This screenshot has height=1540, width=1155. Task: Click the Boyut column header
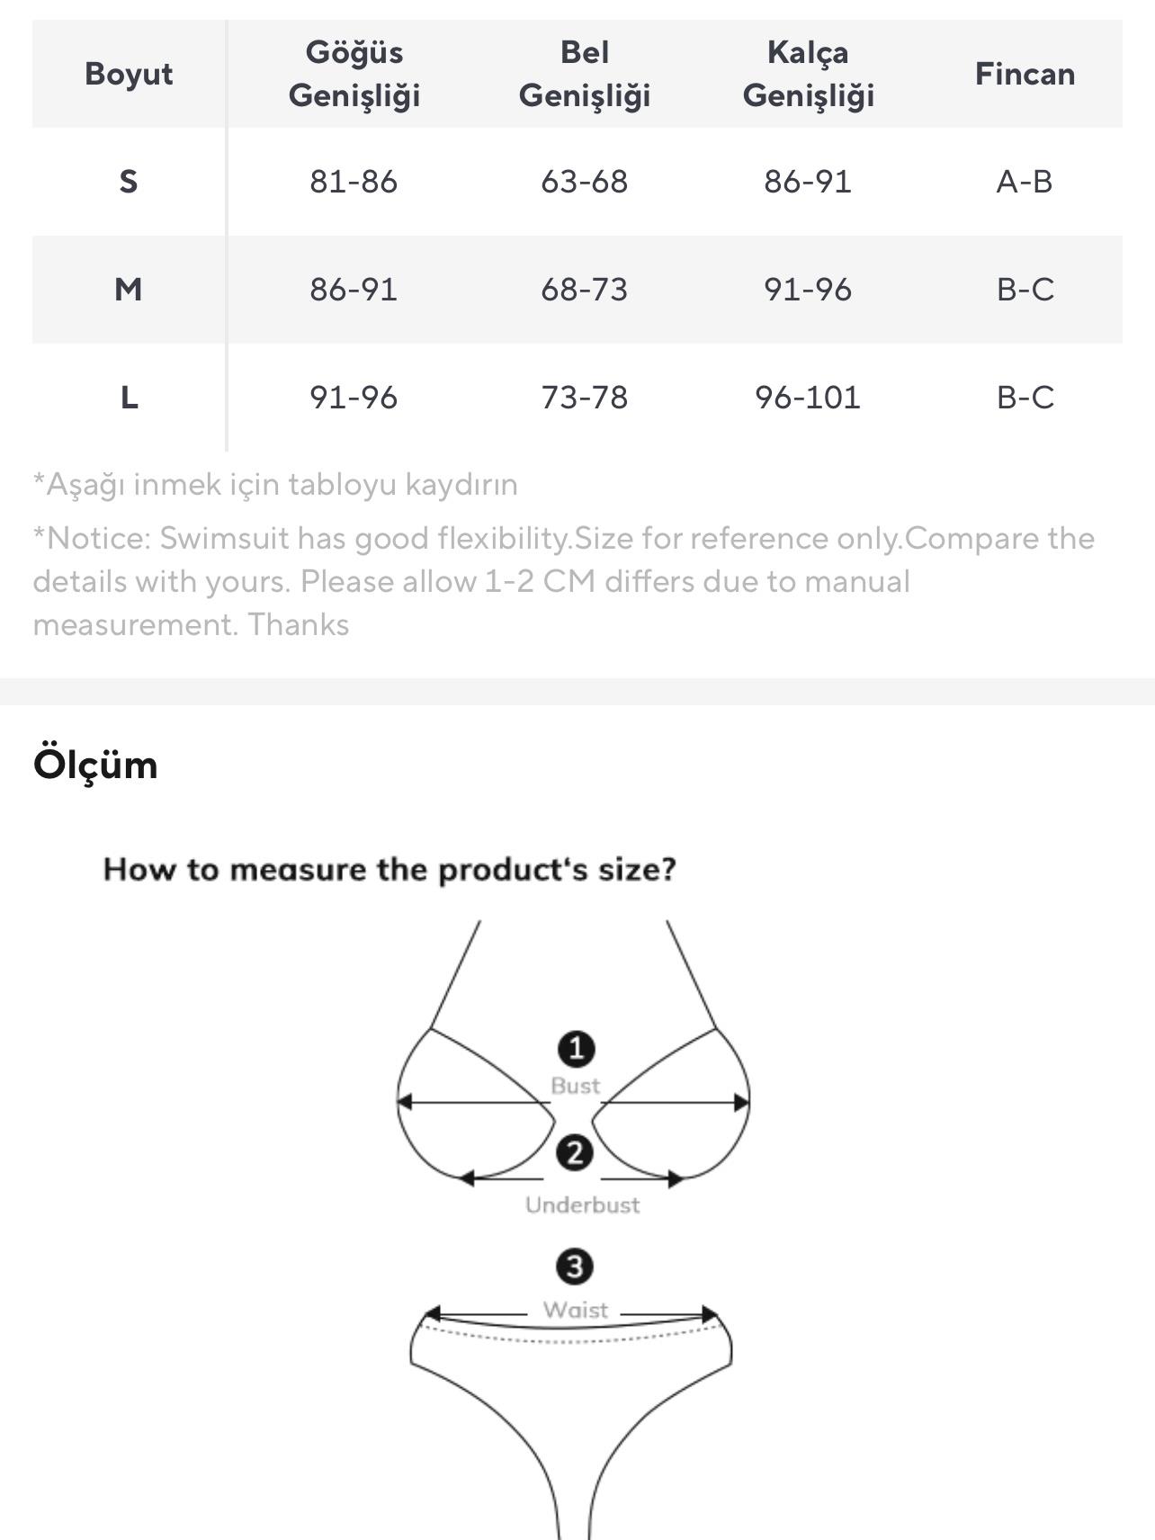pos(129,74)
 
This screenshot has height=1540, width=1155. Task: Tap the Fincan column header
pos(1025,74)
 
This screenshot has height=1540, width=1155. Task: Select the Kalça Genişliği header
pos(808,74)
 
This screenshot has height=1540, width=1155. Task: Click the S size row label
pos(129,182)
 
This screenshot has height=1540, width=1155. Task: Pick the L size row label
pos(129,398)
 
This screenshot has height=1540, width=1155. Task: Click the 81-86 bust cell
pos(354,182)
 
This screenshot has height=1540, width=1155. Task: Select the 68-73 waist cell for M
pos(585,290)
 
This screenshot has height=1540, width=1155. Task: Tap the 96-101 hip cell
pos(808,398)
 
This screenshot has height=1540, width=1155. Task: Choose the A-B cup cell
pos(1025,182)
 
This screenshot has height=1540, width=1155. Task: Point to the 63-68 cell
pos(585,182)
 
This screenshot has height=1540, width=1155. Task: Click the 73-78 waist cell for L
pos(585,398)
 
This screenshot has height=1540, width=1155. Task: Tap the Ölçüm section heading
pos(95,765)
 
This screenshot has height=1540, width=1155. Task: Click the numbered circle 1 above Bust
pos(576,1049)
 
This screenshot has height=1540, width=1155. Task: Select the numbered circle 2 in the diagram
pos(575,1153)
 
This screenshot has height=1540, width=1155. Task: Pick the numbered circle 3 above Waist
pos(575,1267)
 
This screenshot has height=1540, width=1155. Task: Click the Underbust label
pos(583,1205)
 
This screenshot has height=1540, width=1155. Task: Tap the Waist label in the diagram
pos(576,1310)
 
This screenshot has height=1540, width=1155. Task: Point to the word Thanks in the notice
pos(298,624)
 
